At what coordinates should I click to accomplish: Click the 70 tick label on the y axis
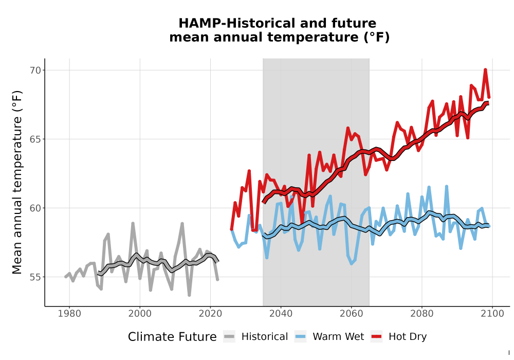tap(35, 70)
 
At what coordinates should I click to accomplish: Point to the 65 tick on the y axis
tap(35, 139)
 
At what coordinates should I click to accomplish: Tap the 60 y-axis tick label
tap(35, 208)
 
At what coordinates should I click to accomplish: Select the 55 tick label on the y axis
tap(35, 277)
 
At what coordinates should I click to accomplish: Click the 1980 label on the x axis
tap(69, 314)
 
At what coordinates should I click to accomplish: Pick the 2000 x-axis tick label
tap(140, 314)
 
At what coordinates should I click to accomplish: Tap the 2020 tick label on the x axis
tap(210, 314)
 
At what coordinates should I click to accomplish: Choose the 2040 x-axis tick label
tap(281, 314)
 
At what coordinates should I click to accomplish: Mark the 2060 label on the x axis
tap(352, 314)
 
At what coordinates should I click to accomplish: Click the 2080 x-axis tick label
tap(422, 314)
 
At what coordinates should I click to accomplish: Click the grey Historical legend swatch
tap(229, 337)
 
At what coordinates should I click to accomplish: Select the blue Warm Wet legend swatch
tap(300, 337)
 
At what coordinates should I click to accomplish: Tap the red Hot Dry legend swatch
tap(376, 337)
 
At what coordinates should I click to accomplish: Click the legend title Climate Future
tap(172, 337)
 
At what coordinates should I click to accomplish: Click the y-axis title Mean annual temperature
tap(17, 182)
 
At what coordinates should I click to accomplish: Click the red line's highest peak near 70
tap(485, 70)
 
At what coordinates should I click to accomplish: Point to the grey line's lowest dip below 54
tap(189, 295)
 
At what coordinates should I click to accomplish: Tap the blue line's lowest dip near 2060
tap(352, 263)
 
